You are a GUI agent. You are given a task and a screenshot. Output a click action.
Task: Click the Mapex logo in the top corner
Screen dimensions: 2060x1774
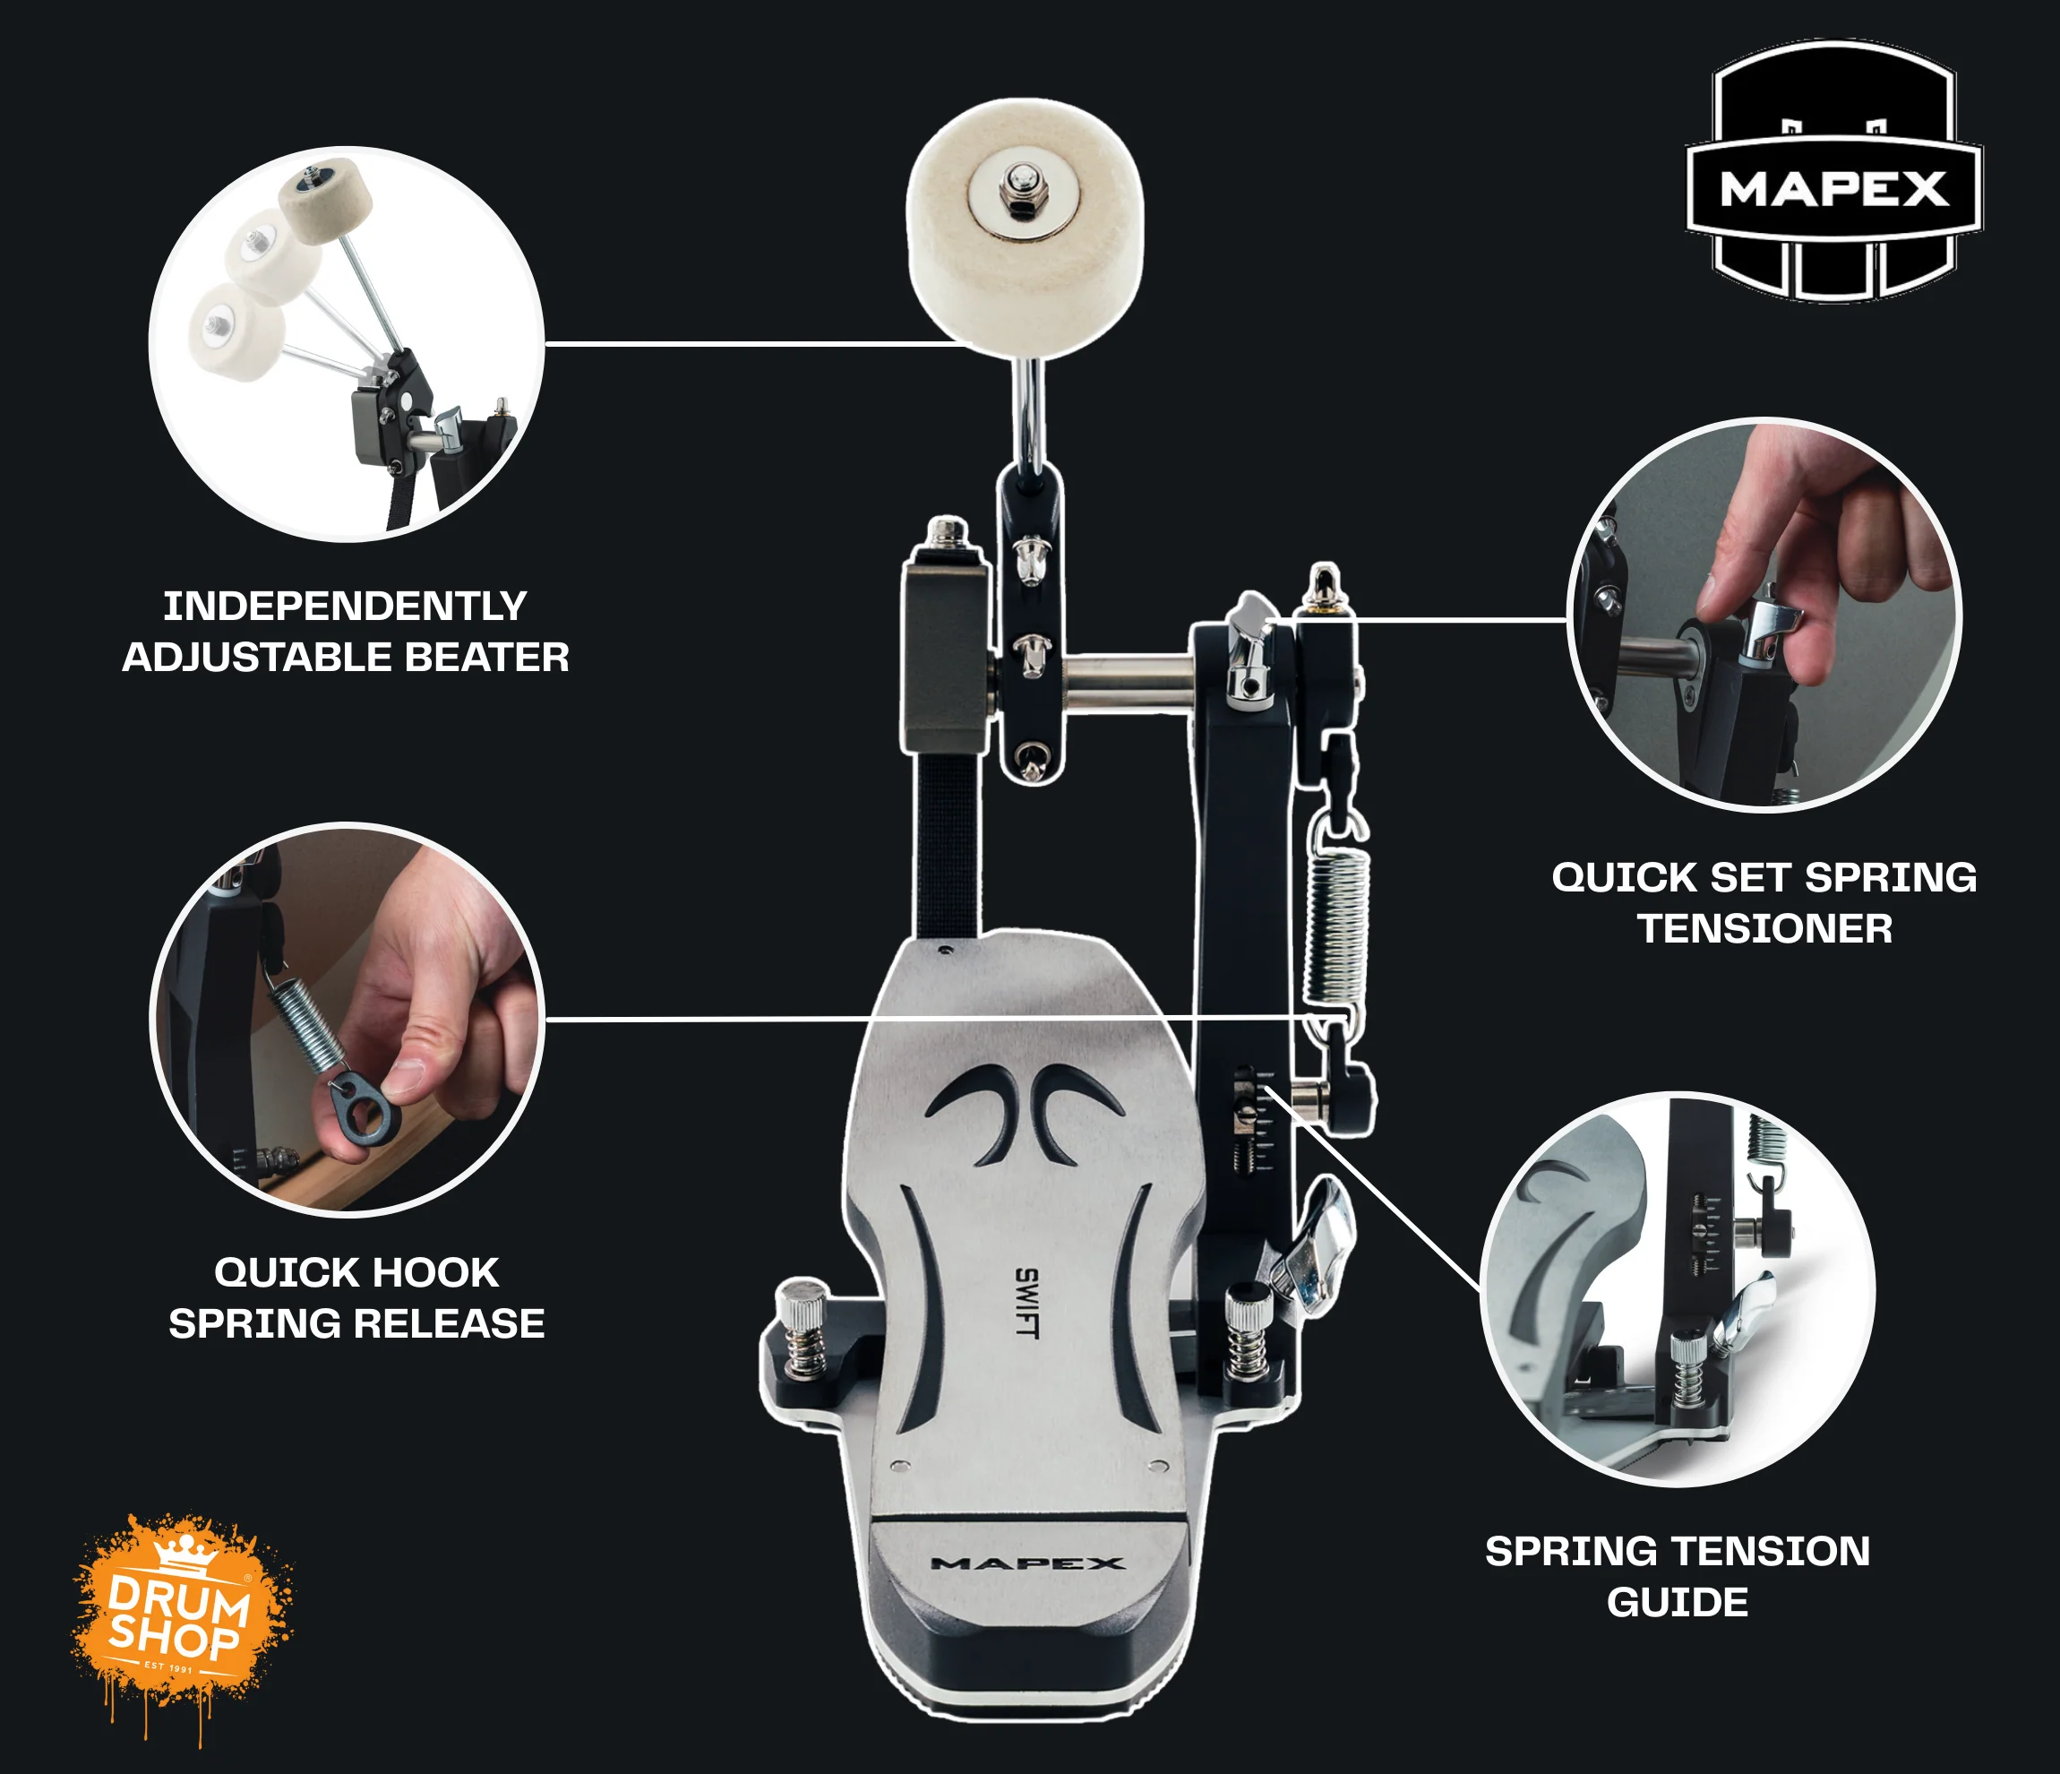tap(1834, 171)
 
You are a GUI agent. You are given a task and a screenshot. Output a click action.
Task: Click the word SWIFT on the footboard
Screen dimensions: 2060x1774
tap(1027, 1303)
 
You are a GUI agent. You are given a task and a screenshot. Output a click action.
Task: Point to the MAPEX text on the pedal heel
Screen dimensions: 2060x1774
tap(1028, 1563)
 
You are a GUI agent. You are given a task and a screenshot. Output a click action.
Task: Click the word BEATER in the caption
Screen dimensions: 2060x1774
tap(487, 658)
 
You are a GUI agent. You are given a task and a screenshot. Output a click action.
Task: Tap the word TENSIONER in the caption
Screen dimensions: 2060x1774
tap(1764, 929)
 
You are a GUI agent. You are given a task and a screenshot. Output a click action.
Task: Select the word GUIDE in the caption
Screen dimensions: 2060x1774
tap(1678, 1602)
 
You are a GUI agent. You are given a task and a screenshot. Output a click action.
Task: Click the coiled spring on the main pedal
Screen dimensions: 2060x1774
tap(1336, 925)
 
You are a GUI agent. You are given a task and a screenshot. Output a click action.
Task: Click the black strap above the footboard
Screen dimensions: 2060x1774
tap(948, 844)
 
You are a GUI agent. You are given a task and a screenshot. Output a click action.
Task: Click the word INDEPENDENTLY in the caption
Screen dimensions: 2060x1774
tap(345, 606)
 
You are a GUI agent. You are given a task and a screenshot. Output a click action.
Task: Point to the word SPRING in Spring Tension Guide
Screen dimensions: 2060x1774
tap(1557, 1551)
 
